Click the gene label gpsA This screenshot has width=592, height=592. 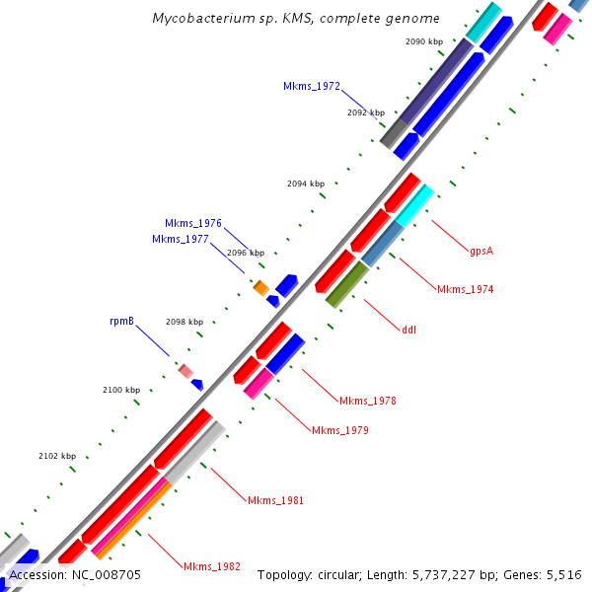[481, 251]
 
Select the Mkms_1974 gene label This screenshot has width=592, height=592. [465, 289]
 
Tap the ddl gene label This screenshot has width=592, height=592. [408, 329]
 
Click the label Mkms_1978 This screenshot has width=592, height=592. [368, 401]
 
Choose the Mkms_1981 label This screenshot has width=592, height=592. [275, 500]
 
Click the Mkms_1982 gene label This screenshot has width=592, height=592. [212, 566]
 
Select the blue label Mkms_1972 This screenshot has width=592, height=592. [312, 87]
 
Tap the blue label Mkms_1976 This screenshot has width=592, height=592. [193, 223]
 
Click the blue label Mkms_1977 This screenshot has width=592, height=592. [181, 239]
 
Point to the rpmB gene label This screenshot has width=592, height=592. [121, 322]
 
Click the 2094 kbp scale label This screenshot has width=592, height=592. [306, 184]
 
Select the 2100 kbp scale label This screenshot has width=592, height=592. [121, 391]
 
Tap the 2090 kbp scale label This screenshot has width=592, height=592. [424, 41]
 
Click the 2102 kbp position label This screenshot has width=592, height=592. [57, 456]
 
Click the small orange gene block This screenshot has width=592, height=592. [261, 287]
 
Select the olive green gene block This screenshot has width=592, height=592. [347, 284]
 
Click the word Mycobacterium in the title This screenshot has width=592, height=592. [198, 19]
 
